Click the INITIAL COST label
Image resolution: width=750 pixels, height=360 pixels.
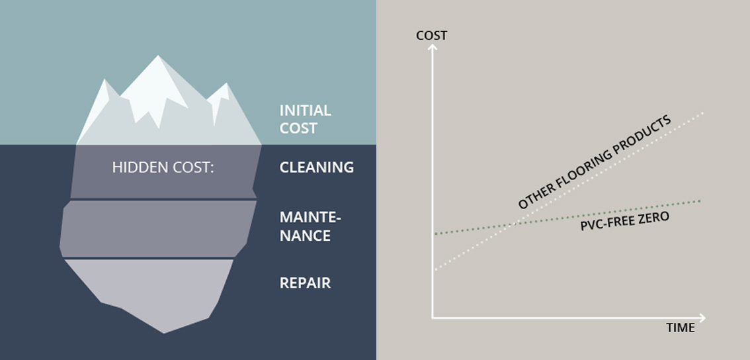click(305, 119)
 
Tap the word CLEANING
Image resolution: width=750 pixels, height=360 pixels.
click(317, 167)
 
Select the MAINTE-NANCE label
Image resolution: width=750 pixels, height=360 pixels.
click(310, 226)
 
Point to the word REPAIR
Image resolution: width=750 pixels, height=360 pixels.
click(305, 283)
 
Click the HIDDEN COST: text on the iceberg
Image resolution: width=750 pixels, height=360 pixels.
click(163, 167)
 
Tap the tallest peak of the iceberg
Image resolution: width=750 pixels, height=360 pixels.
click(158, 56)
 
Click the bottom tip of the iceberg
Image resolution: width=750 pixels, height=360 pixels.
click(164, 333)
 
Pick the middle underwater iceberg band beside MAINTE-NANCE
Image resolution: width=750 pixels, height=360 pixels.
click(158, 228)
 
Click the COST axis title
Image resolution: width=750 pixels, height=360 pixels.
click(431, 36)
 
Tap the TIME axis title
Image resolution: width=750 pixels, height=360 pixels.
click(680, 328)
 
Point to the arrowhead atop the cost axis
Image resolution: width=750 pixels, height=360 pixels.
click(433, 46)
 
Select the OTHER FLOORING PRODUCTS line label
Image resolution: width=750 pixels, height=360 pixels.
click(595, 162)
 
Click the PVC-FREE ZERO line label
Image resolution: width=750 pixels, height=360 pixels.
click(625, 220)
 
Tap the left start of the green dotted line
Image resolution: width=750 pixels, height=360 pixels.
click(436, 234)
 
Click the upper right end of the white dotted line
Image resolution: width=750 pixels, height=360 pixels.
click(702, 113)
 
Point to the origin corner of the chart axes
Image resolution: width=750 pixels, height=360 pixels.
click(433, 318)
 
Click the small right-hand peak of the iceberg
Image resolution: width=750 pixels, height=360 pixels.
click(226, 84)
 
